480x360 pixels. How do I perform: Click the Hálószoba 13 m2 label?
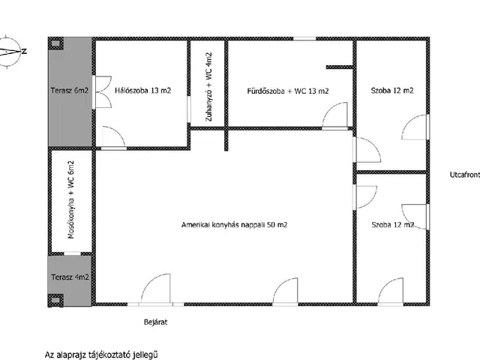(x=143, y=91)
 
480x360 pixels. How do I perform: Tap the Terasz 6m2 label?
(x=70, y=91)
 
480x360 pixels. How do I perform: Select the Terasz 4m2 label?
(x=70, y=277)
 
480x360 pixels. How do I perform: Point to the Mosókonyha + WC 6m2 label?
(x=70, y=199)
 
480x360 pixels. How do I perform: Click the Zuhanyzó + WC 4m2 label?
(x=208, y=87)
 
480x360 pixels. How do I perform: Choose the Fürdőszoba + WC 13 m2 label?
(x=288, y=91)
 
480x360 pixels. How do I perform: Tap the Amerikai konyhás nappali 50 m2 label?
(x=235, y=225)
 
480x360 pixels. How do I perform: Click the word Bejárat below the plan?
(x=156, y=322)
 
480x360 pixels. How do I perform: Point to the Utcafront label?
(x=465, y=175)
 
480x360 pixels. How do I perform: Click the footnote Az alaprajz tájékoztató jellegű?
(x=101, y=355)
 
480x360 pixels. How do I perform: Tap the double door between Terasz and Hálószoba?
(x=102, y=91)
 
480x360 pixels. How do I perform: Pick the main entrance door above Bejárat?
(x=155, y=289)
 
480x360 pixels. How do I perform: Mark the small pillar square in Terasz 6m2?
(x=55, y=43)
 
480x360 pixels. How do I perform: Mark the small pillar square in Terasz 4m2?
(x=55, y=300)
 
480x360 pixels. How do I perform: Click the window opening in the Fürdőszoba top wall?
(x=304, y=38)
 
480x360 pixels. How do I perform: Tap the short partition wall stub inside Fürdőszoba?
(x=339, y=67)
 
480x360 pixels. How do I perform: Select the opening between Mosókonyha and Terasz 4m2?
(x=72, y=253)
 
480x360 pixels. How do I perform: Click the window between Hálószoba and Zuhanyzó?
(x=189, y=109)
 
